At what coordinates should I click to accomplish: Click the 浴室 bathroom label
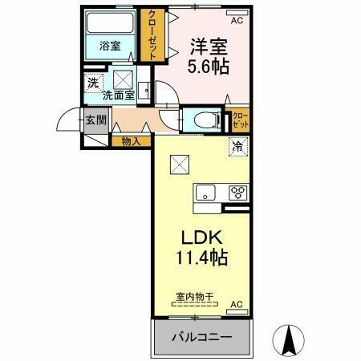click(x=110, y=46)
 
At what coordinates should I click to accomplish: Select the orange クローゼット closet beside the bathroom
click(x=149, y=34)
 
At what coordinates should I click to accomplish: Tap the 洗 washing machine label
click(x=93, y=82)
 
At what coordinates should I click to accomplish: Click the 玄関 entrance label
click(x=95, y=120)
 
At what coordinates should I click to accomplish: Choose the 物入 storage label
click(x=132, y=142)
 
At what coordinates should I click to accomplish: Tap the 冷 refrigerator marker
click(x=237, y=147)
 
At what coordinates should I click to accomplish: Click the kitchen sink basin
click(x=205, y=193)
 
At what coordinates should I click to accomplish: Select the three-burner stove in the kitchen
click(x=237, y=193)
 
